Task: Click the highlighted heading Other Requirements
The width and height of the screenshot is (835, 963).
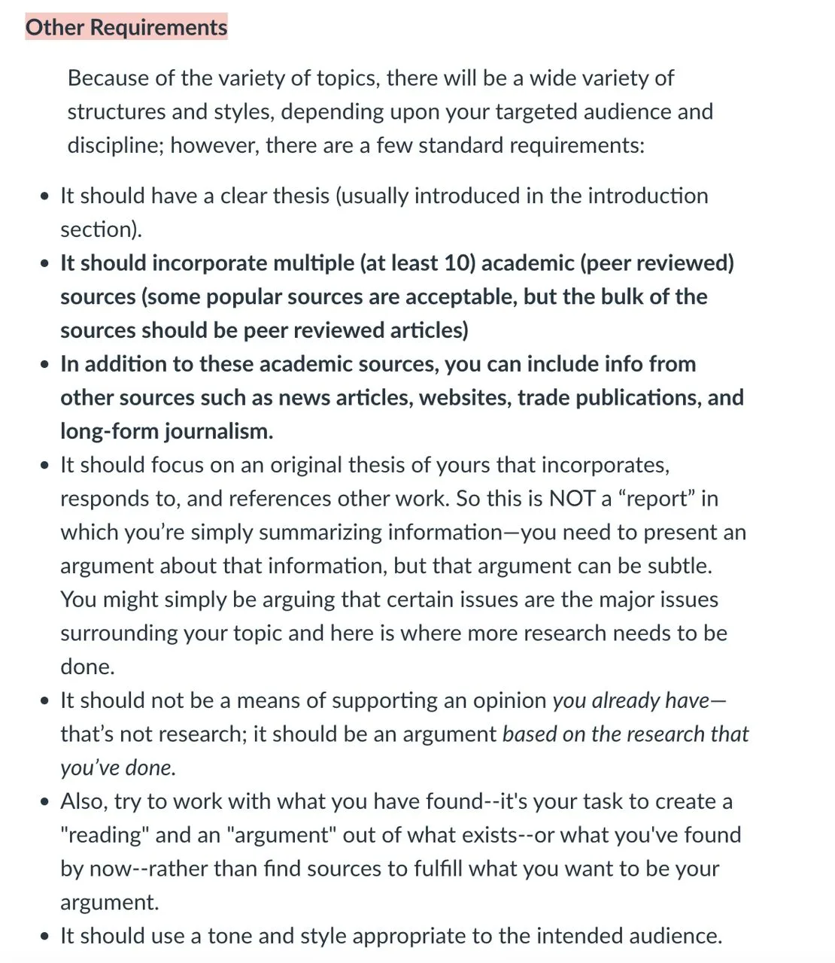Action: pos(126,28)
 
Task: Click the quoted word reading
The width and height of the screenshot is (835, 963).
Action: pos(105,835)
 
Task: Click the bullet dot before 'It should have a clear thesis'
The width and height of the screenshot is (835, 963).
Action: pos(47,196)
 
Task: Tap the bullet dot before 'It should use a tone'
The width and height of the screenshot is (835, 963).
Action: pos(47,937)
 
